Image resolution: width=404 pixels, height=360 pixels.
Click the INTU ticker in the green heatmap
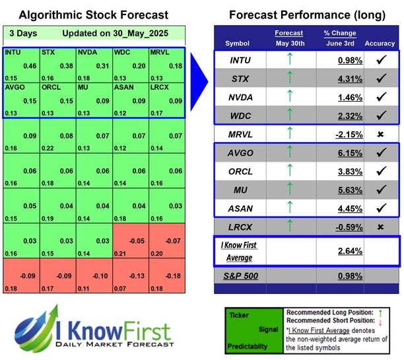tap(12, 52)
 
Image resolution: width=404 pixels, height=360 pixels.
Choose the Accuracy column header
tap(379, 44)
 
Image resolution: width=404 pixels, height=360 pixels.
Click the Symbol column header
tap(237, 44)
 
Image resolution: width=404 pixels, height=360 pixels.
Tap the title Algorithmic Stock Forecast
tap(93, 15)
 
